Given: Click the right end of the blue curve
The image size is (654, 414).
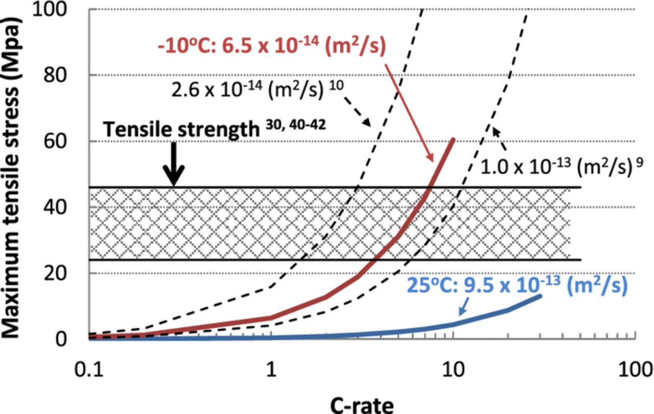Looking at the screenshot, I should pyautogui.click(x=540, y=296).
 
